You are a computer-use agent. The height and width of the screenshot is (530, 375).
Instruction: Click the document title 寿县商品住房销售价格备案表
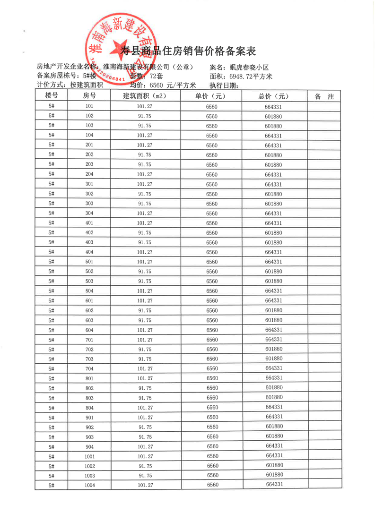pyautogui.click(x=188, y=51)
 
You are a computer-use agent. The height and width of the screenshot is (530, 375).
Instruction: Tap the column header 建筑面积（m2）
pyautogui.click(x=145, y=96)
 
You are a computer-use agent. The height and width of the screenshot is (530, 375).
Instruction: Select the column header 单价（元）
pyautogui.click(x=211, y=96)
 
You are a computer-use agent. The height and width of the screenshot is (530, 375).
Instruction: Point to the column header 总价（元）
pyautogui.click(x=274, y=96)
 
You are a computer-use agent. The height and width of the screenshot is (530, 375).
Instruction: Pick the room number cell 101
pyautogui.click(x=89, y=106)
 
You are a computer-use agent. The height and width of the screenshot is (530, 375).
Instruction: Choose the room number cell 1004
pyautogui.click(x=89, y=485)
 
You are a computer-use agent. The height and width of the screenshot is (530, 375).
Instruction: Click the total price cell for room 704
pyautogui.click(x=274, y=368)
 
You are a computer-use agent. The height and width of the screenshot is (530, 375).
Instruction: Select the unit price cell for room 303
pyautogui.click(x=212, y=204)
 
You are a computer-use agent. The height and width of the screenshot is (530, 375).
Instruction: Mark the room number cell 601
pyautogui.click(x=89, y=300)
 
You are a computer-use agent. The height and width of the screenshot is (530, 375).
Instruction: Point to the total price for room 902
pyautogui.click(x=274, y=426)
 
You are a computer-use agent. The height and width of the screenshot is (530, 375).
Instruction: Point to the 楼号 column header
pyautogui.click(x=52, y=96)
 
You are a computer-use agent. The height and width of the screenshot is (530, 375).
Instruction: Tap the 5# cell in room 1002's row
pyautogui.click(x=52, y=466)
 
